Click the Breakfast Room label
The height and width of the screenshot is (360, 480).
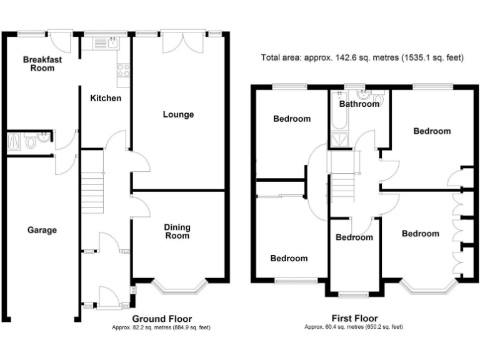(39, 64)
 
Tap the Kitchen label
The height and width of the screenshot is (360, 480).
(106, 99)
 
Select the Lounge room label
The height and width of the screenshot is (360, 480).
(178, 114)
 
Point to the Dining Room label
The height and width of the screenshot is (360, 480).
(177, 231)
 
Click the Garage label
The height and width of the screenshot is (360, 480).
(42, 230)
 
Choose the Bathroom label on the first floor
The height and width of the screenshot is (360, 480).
(359, 104)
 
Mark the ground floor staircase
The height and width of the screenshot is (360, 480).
(92, 187)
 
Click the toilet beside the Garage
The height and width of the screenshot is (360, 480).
(31, 142)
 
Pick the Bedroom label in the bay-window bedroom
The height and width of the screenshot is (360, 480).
(420, 234)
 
